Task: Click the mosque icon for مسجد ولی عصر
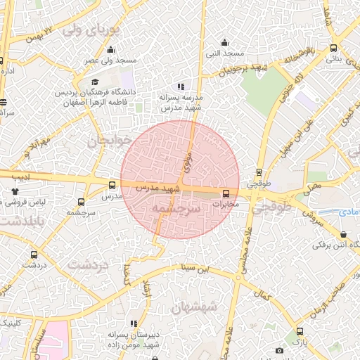click(x=110, y=50)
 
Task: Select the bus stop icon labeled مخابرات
click(x=226, y=193)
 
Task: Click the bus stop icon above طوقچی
click(x=259, y=172)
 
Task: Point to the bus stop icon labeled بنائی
click(x=333, y=49)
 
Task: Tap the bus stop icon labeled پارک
click(x=300, y=331)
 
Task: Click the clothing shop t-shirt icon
click(x=15, y=191)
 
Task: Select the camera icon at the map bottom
click(x=279, y=350)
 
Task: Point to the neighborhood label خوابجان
click(x=109, y=141)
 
